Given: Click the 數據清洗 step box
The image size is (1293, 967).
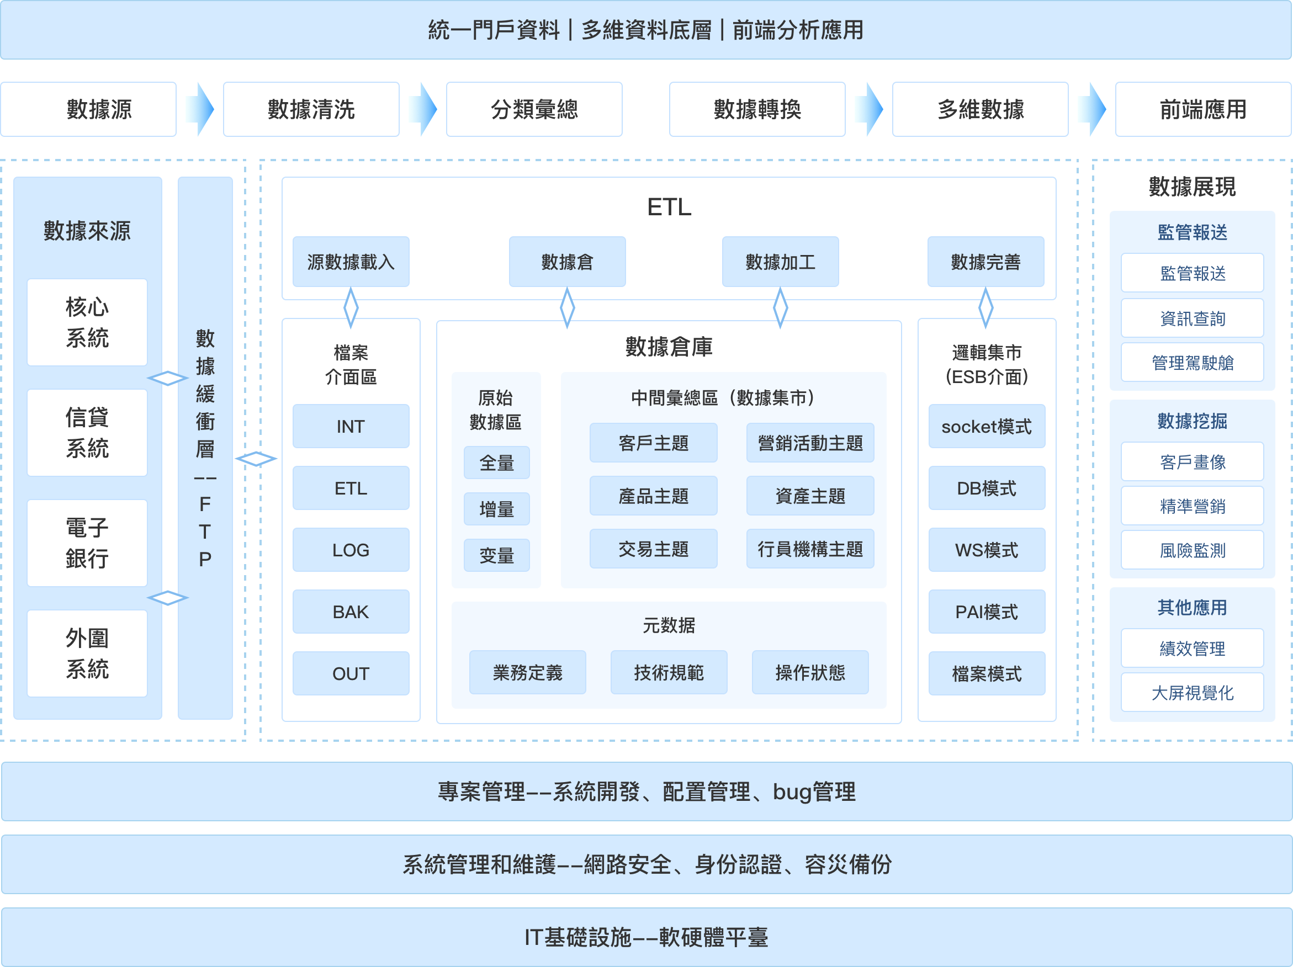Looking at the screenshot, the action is [x=311, y=109].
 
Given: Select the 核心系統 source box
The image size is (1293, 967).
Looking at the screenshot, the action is [x=87, y=322].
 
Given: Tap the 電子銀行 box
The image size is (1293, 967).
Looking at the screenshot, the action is [x=87, y=543].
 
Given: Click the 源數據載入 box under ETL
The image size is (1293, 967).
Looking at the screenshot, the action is [x=351, y=261].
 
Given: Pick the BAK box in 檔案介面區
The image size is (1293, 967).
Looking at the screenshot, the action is [x=351, y=612].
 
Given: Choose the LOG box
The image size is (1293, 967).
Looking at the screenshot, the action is [x=351, y=550].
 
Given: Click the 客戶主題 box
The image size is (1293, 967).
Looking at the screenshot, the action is [x=654, y=443].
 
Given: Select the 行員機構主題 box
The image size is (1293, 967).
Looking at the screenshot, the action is [x=810, y=549].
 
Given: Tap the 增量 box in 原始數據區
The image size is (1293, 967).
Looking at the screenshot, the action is [x=497, y=509].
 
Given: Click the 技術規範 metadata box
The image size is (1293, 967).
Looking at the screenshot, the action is [x=669, y=672].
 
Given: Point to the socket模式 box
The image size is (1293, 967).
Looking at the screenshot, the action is [x=987, y=427].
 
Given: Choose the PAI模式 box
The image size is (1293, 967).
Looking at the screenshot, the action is [x=987, y=612].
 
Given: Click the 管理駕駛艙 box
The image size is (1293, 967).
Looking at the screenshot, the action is [x=1193, y=362].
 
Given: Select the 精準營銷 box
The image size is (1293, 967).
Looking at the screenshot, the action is [x=1193, y=506].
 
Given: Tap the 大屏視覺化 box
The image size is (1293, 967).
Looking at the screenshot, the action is [x=1193, y=692].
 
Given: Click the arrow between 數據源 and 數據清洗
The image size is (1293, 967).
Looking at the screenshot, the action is [x=200, y=109].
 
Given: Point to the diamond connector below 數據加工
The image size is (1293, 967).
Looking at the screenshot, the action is [x=780, y=307].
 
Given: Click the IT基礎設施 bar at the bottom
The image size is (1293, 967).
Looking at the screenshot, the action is [x=646, y=937].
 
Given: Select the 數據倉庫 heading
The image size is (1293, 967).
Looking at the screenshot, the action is [x=669, y=347].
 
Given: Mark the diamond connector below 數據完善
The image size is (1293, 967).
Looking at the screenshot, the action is [x=985, y=307].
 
